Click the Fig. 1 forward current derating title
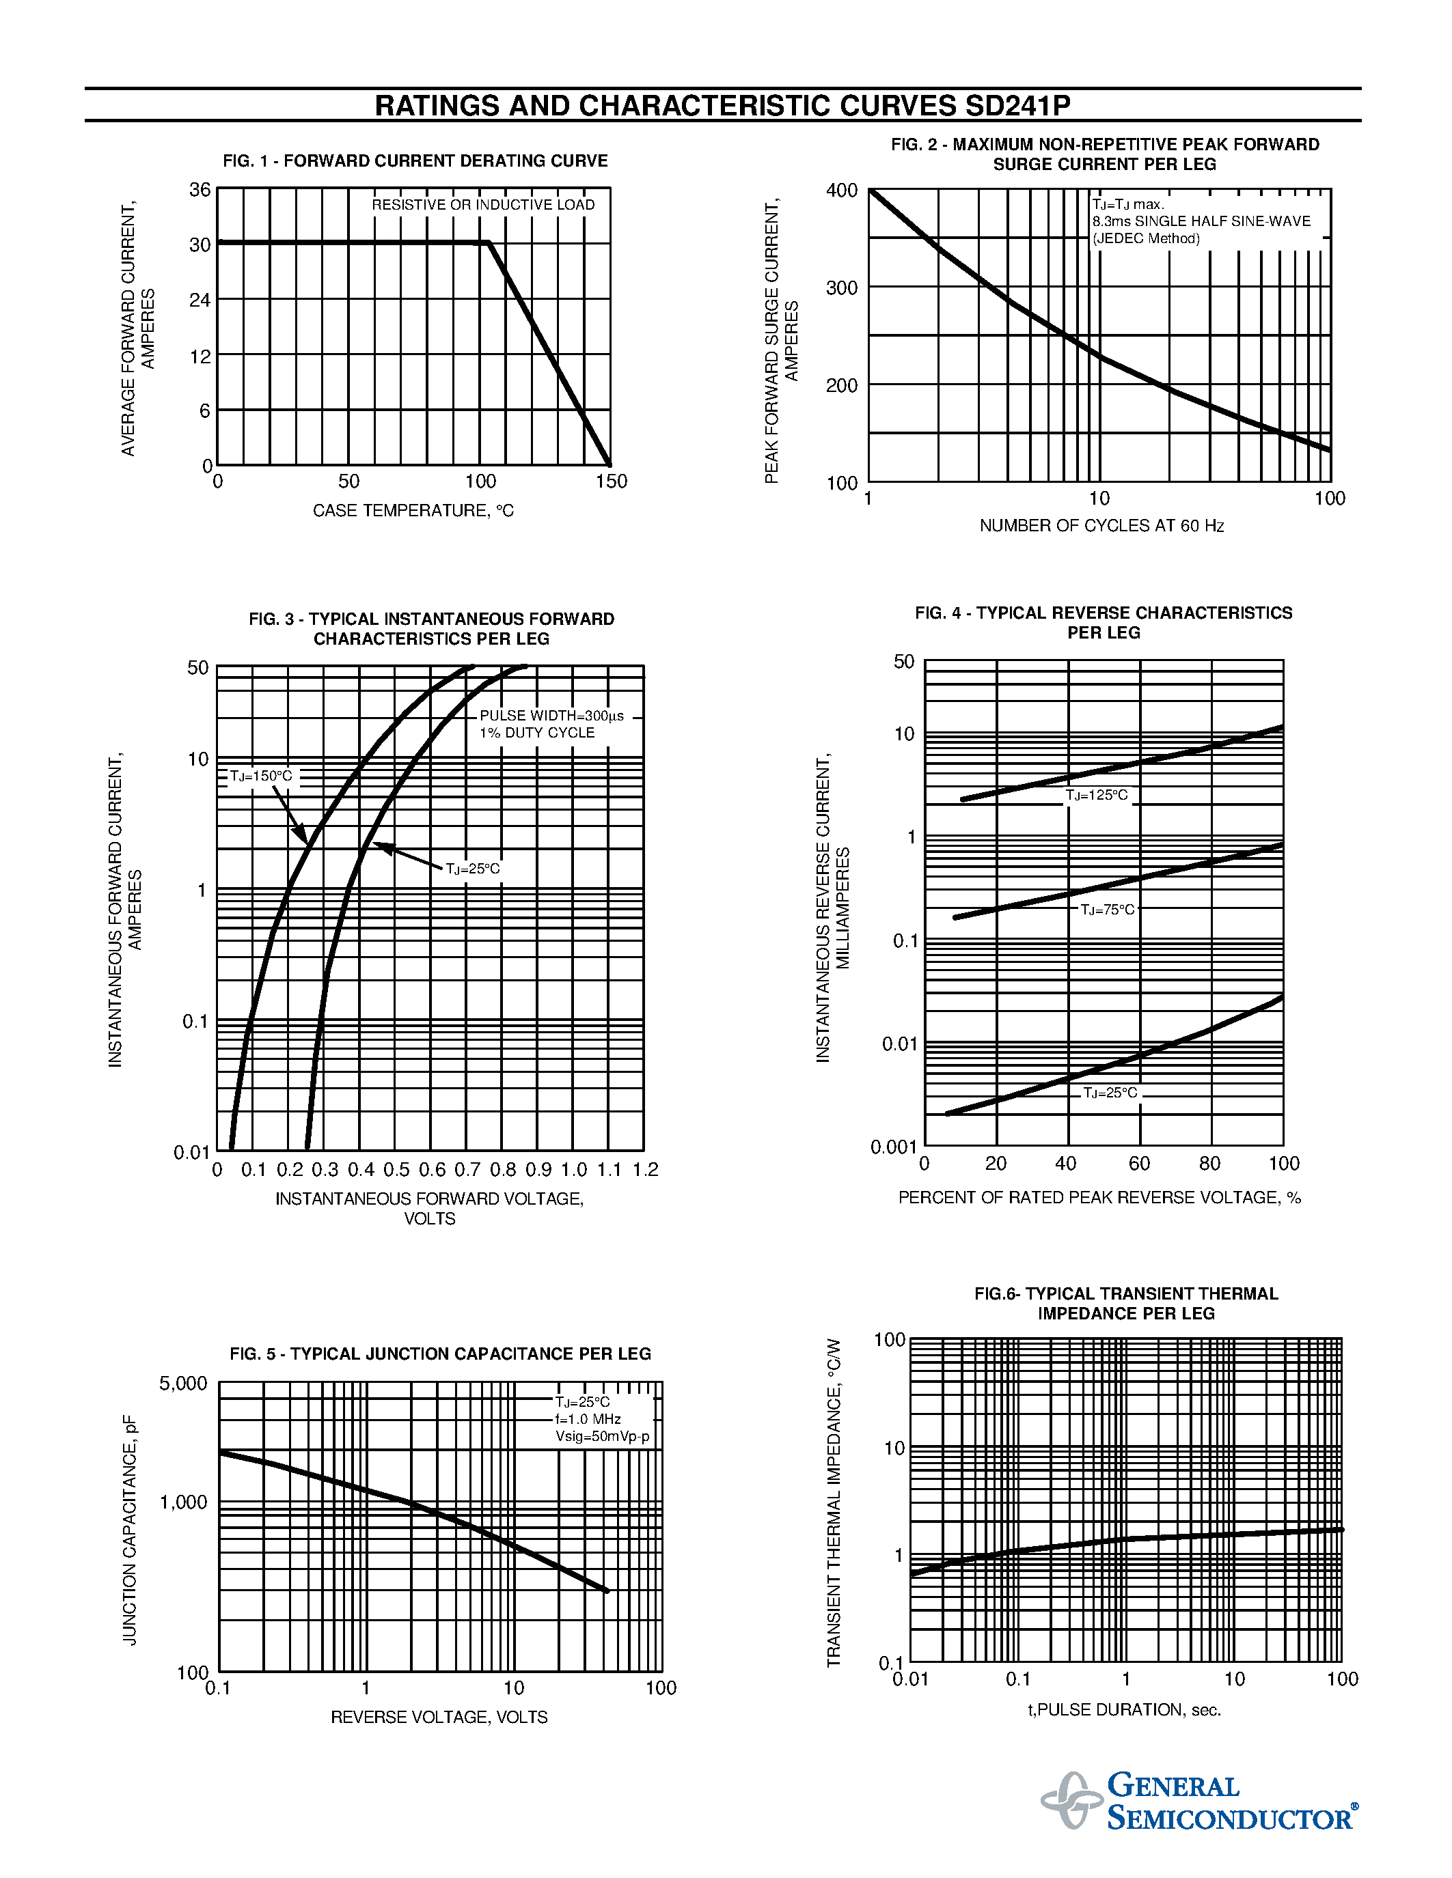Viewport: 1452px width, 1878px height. pyautogui.click(x=415, y=160)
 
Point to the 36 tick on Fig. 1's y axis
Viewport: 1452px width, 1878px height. pyautogui.click(x=200, y=189)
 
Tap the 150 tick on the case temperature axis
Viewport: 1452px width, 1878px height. pyautogui.click(x=611, y=481)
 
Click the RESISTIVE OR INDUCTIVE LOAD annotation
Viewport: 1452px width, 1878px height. pyautogui.click(x=482, y=205)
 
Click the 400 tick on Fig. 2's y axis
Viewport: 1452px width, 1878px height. pyautogui.click(x=841, y=190)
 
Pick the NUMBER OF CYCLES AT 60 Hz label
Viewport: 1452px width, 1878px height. pyautogui.click(x=1101, y=525)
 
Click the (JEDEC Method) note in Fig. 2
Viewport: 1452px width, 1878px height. pyautogui.click(x=1146, y=239)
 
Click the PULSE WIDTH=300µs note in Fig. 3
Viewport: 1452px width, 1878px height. pyautogui.click(x=551, y=716)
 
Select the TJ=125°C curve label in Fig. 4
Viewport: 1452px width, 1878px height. pyautogui.click(x=1097, y=796)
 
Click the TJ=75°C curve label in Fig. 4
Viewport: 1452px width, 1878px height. pyautogui.click(x=1107, y=910)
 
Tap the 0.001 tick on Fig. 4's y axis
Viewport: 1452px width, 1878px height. pyautogui.click(x=894, y=1147)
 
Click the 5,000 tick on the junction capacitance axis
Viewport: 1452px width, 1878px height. pyautogui.click(x=183, y=1384)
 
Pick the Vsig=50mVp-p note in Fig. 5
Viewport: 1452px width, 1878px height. pyautogui.click(x=602, y=1437)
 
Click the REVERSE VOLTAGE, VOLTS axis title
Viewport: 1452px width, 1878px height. pyautogui.click(x=439, y=1718)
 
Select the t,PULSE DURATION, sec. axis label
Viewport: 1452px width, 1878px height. pyautogui.click(x=1124, y=1710)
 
